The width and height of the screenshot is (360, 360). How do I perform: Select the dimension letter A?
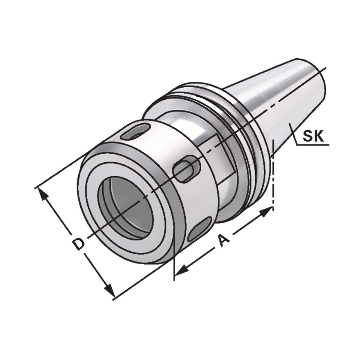click(223, 241)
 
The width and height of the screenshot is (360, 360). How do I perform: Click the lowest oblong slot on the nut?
click(200, 230)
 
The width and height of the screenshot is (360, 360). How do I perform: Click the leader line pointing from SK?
click(295, 138)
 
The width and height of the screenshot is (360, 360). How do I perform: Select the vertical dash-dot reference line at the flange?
click(273, 174)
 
